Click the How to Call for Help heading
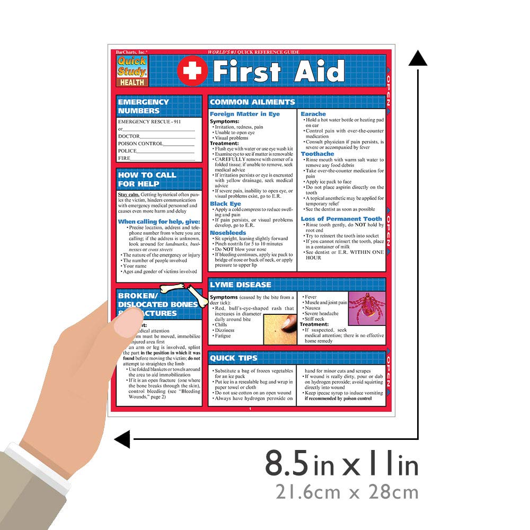click(x=147, y=179)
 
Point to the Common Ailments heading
click(x=252, y=102)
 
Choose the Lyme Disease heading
click(x=241, y=285)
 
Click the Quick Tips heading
click(x=234, y=358)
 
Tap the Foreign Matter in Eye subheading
click(x=244, y=114)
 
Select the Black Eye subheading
click(x=225, y=204)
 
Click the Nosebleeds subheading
click(x=228, y=233)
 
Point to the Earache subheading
click(x=313, y=114)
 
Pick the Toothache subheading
click(x=317, y=154)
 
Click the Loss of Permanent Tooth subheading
click(x=341, y=219)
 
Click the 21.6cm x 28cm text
click(x=347, y=492)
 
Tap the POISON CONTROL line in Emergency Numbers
click(x=156, y=144)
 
